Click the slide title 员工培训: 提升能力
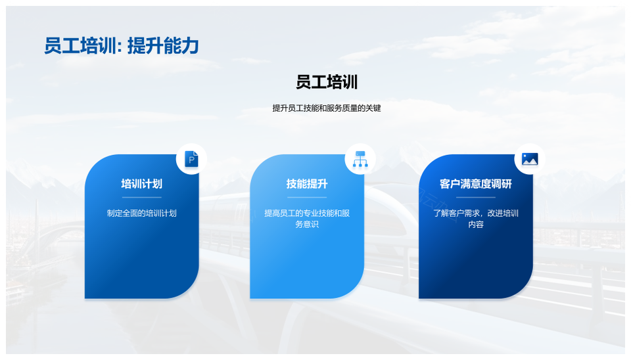click(x=122, y=46)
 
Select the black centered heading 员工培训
click(x=327, y=82)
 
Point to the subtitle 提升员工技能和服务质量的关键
click(x=327, y=108)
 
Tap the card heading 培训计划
click(x=142, y=184)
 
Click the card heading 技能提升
click(x=307, y=184)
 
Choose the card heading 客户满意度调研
click(x=476, y=184)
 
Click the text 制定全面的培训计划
click(x=142, y=214)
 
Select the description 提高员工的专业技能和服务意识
click(x=307, y=218)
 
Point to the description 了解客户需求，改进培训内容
click(x=476, y=218)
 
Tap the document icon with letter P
click(x=191, y=159)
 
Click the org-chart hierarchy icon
click(x=360, y=159)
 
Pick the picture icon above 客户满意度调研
click(x=530, y=159)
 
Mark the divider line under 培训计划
click(x=142, y=198)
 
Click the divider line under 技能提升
click(x=307, y=198)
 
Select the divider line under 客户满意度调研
click(x=476, y=198)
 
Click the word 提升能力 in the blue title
click(x=163, y=46)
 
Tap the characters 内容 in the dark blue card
click(x=476, y=225)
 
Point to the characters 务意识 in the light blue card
click(x=307, y=225)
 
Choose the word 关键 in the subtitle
click(x=373, y=108)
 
